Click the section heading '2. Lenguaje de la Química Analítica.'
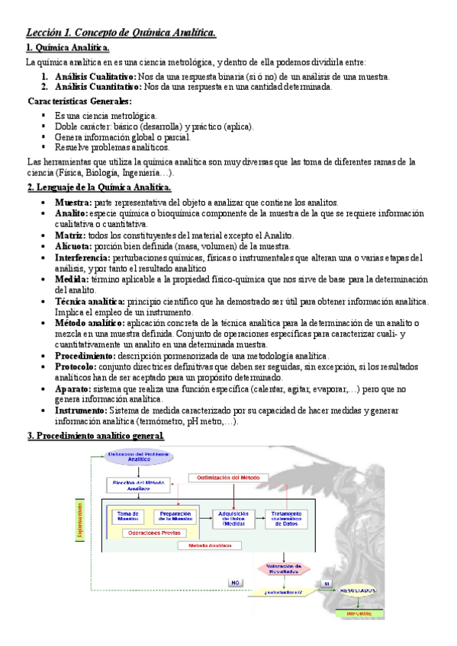point(99,187)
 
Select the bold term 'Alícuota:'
point(72,247)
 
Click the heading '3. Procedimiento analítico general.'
point(95,436)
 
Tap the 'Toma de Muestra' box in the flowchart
point(128,516)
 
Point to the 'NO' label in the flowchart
point(237,583)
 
